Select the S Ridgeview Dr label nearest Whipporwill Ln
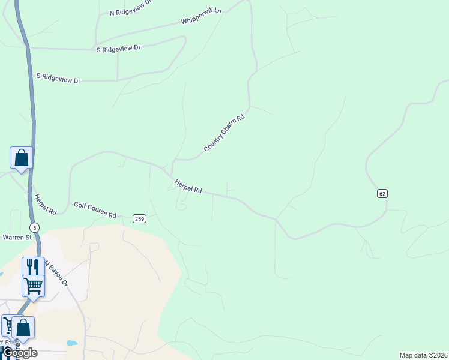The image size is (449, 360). tap(118, 49)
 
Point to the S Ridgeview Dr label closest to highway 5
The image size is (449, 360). tap(58, 78)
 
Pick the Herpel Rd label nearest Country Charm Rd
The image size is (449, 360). tap(188, 186)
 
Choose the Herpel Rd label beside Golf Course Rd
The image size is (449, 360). tap(46, 205)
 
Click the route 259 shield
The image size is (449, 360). tap(139, 218)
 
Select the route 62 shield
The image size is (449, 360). tap(382, 193)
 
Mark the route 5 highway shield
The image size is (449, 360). tap(35, 227)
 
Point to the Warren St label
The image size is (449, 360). tap(17, 238)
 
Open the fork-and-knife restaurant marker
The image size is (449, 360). tap(33, 267)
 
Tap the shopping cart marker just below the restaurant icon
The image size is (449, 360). tap(33, 285)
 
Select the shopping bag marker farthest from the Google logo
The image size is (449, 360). tap(21, 158)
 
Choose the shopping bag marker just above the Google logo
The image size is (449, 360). tap(23, 327)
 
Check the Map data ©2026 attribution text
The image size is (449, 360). tap(423, 355)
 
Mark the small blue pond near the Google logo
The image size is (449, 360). tap(72, 343)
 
